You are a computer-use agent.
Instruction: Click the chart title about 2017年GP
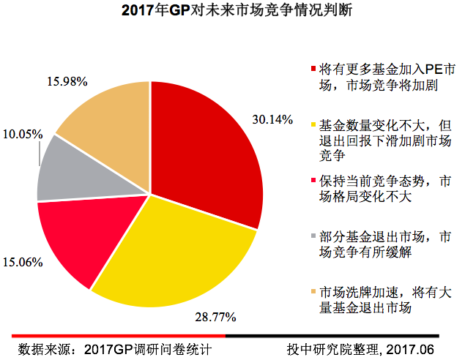click(x=232, y=12)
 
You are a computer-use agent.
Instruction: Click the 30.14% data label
click(x=272, y=119)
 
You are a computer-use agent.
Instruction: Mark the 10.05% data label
click(x=22, y=134)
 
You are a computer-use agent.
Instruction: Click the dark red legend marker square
click(x=314, y=69)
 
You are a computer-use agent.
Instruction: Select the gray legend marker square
click(x=314, y=236)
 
